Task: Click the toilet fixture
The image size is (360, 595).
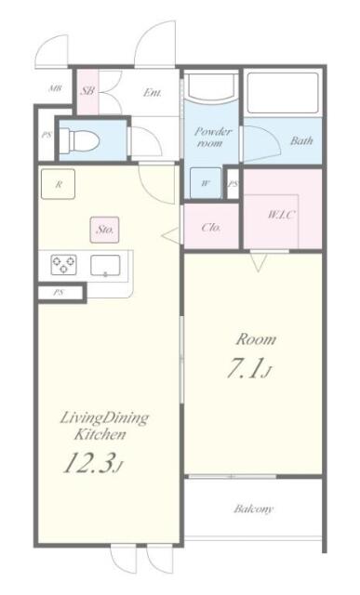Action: [x=80, y=140]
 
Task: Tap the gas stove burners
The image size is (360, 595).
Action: [x=63, y=265]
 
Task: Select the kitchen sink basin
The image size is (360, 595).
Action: [x=105, y=265]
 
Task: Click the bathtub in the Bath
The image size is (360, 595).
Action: [x=283, y=93]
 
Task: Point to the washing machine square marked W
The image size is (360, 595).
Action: [x=206, y=183]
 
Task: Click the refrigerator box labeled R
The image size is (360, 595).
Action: [x=58, y=184]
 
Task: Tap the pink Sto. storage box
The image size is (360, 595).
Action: [x=104, y=230]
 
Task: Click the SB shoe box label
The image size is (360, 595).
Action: [x=87, y=91]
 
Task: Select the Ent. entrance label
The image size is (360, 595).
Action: [x=153, y=92]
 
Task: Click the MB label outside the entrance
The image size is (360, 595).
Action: [x=55, y=89]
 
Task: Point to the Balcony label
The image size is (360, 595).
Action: [x=254, y=509]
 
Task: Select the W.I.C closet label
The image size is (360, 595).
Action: [x=281, y=215]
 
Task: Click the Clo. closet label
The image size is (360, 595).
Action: [x=211, y=228]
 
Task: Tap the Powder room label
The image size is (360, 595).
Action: [x=212, y=138]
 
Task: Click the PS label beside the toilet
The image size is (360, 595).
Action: [x=47, y=135]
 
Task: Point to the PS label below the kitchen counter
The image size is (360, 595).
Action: [x=58, y=293]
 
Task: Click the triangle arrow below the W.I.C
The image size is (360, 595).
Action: [x=259, y=262]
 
